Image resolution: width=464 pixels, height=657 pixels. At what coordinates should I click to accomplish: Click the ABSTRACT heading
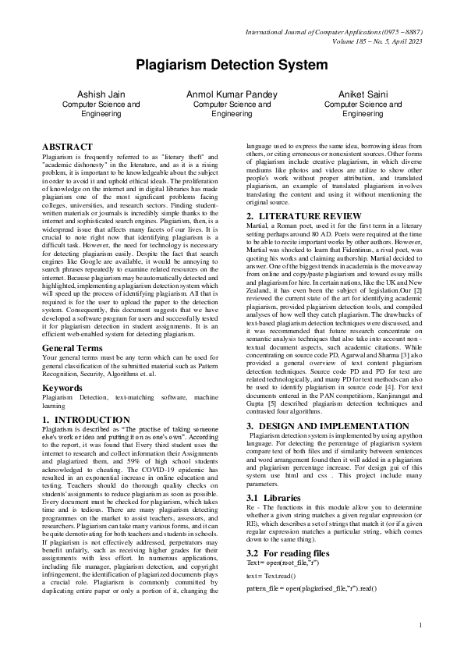coord(67,147)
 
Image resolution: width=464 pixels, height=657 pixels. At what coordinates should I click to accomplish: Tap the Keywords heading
coord(62,387)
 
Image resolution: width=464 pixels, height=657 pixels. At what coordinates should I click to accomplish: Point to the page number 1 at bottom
coord(420,625)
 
